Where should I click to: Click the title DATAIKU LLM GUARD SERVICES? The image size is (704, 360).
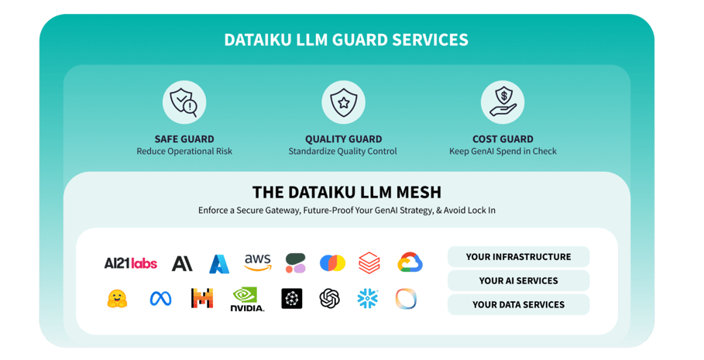[x=346, y=39]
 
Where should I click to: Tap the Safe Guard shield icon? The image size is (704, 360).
[x=184, y=102]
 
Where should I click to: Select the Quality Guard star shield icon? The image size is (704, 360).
[x=343, y=102]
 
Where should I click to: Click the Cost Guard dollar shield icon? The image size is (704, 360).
[x=502, y=102]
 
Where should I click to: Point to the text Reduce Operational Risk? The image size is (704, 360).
[x=184, y=152]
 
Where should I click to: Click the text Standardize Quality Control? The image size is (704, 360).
[x=342, y=152]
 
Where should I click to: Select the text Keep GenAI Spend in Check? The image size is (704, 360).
[x=503, y=152]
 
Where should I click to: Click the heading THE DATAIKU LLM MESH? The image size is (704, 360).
[x=346, y=192]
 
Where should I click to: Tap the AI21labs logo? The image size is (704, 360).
[x=130, y=263]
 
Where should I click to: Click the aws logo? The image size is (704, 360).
[x=258, y=263]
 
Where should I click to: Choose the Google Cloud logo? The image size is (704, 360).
[x=410, y=263]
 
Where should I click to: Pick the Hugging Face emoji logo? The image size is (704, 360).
[x=117, y=299]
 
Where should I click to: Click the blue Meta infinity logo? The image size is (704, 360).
[x=160, y=299]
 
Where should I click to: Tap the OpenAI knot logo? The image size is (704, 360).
[x=330, y=299]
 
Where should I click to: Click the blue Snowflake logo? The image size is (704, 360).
[x=368, y=299]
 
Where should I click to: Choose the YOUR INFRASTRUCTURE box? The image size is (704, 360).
[x=518, y=257]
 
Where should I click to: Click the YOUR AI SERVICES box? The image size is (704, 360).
[x=518, y=281]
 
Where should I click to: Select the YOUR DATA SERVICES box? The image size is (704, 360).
[x=518, y=305]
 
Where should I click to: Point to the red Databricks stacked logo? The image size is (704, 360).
[x=369, y=263]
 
